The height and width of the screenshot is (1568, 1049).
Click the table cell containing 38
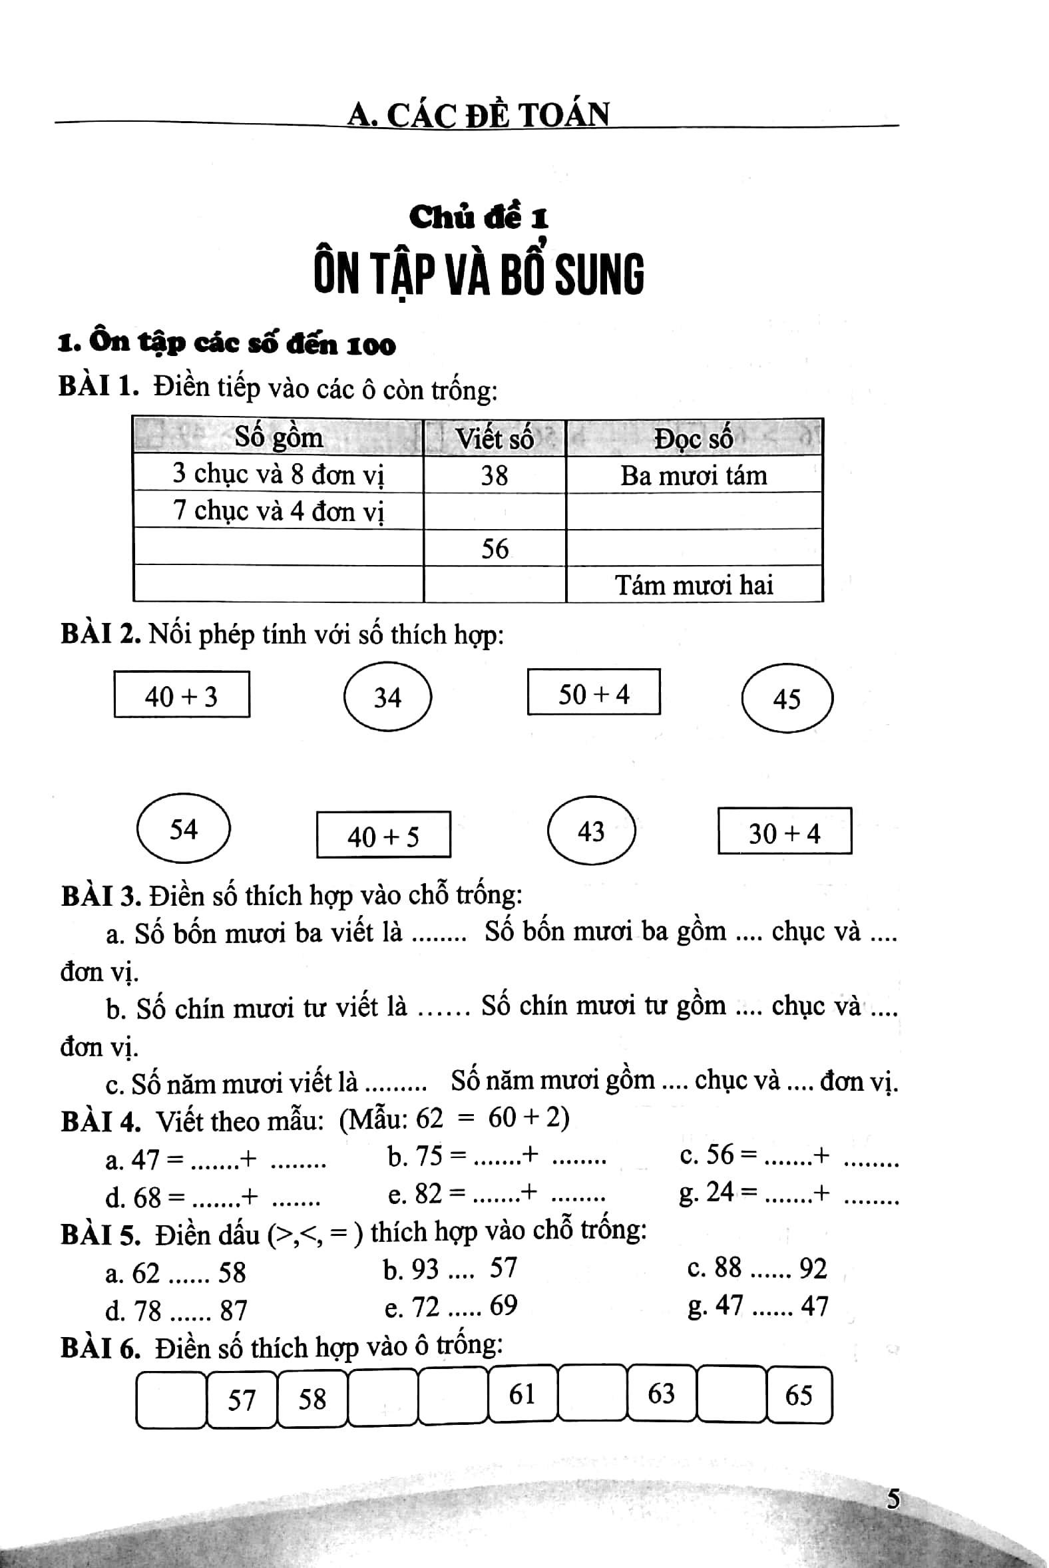[x=495, y=475]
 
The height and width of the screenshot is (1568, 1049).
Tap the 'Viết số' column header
[x=495, y=439]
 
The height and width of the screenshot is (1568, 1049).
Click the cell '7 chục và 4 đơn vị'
[x=278, y=511]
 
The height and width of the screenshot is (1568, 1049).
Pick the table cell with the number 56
[x=495, y=548]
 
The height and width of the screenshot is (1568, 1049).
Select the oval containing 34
[x=387, y=697]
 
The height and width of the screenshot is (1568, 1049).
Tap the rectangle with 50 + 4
[x=594, y=693]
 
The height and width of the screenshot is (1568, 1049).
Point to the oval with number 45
[x=787, y=698]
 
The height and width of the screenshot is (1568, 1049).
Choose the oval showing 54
[x=183, y=829]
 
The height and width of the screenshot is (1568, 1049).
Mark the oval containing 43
[x=591, y=831]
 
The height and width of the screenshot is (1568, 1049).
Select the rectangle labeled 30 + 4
[x=784, y=832]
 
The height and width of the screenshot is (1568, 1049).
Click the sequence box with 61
[x=522, y=1394]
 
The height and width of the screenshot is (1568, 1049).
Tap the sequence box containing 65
[x=799, y=1395]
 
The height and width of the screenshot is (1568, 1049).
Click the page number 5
[x=893, y=1499]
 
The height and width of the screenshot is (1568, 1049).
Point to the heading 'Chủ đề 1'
[x=479, y=218]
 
